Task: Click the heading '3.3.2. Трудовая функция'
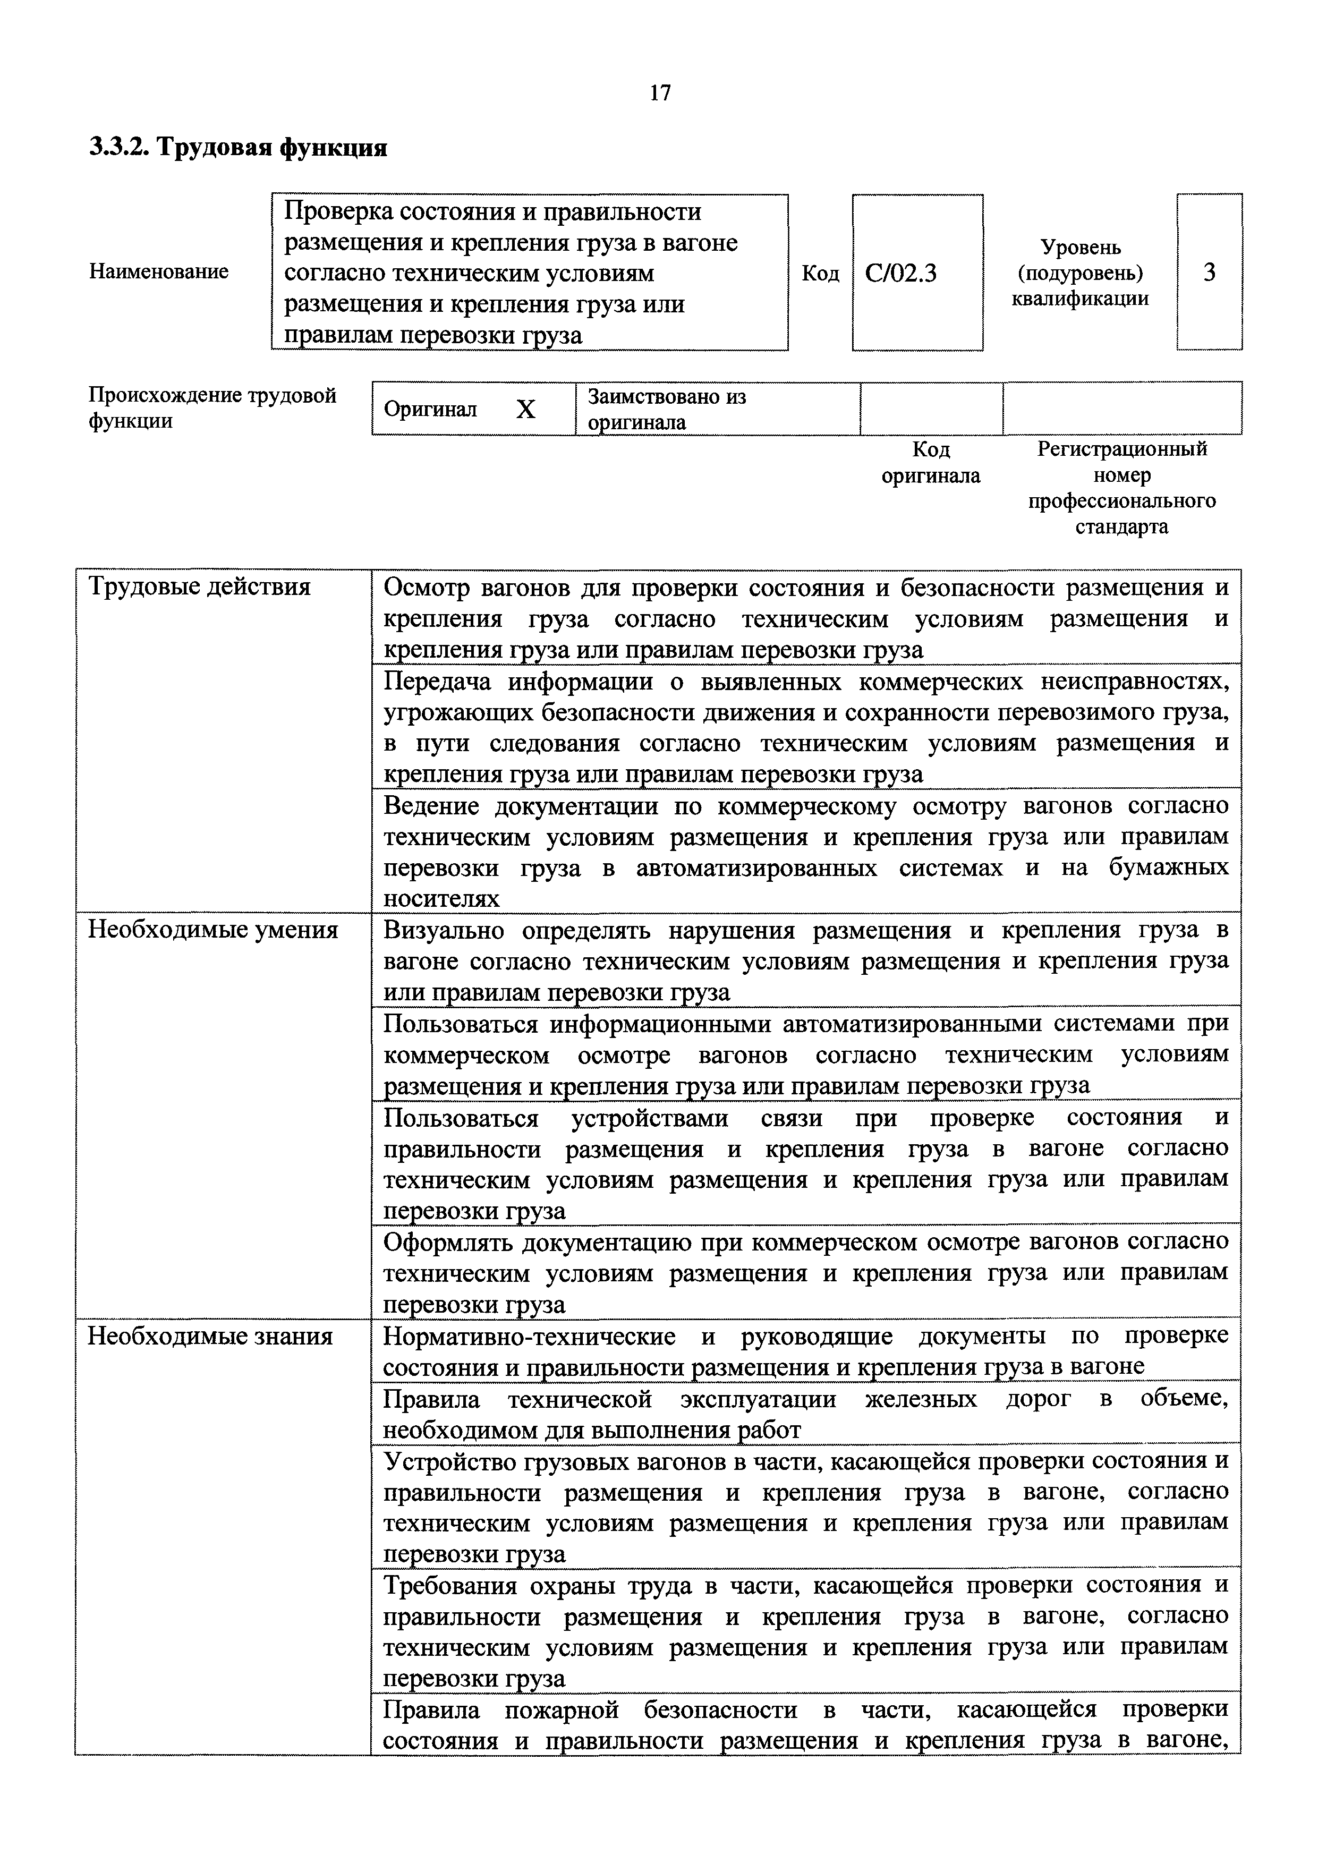[x=238, y=148]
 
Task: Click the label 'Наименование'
[x=158, y=272]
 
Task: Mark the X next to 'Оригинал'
[x=526, y=410]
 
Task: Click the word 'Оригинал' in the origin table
[x=430, y=409]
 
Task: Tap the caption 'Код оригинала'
[x=931, y=463]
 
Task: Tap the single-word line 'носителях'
[x=441, y=899]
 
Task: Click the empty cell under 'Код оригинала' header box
[x=931, y=409]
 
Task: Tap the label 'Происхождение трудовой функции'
[x=212, y=408]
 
